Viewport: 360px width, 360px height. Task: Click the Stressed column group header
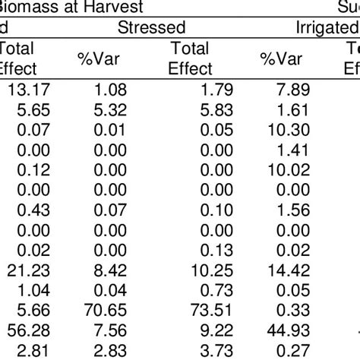152,28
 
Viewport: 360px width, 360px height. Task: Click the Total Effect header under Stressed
191,57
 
